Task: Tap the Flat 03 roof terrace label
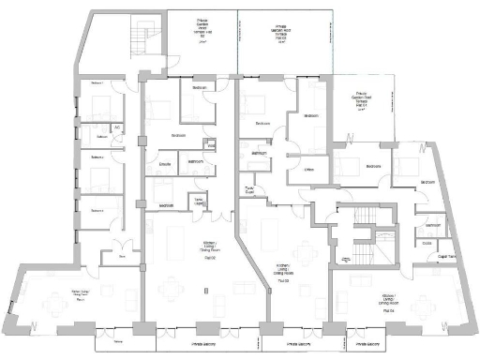(x=280, y=32)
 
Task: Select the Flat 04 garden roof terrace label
(x=363, y=98)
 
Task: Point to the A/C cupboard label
(x=117, y=127)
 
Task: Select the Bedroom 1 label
(x=96, y=83)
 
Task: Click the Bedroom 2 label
(x=96, y=157)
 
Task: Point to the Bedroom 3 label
(x=96, y=211)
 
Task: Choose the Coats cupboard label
(x=427, y=243)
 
